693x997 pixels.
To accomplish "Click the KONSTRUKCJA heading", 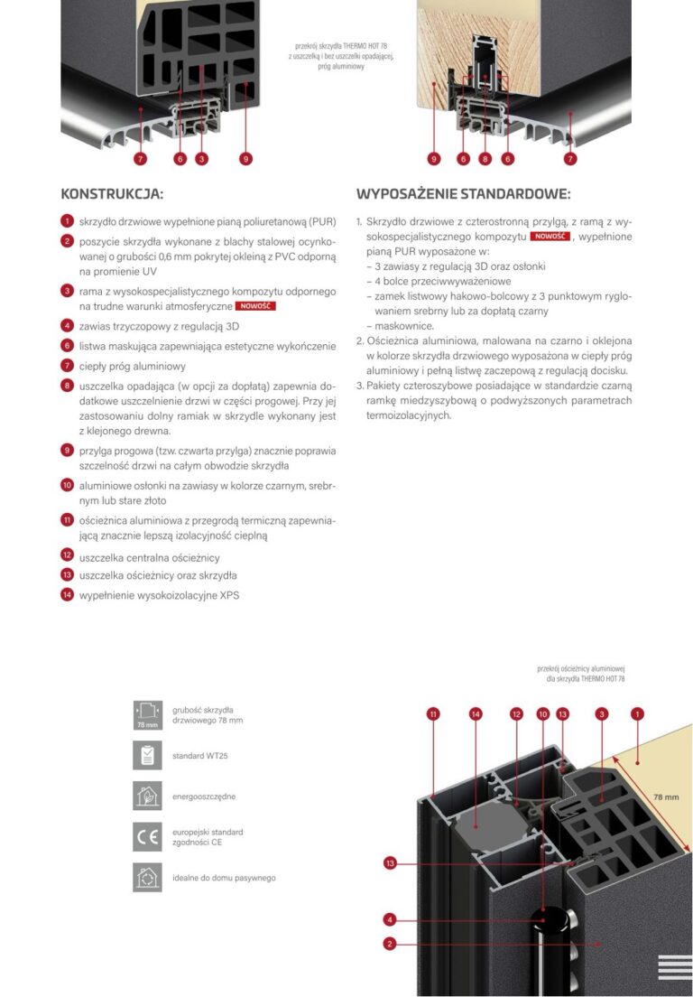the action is [x=112, y=194].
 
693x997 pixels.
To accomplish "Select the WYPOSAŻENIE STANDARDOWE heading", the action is [x=463, y=194].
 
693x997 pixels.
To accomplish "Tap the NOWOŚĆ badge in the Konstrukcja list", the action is [x=255, y=306].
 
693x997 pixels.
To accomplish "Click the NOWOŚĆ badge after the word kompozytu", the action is [x=550, y=237].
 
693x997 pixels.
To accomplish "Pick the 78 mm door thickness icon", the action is [x=147, y=715].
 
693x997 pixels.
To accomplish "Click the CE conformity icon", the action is [x=147, y=837].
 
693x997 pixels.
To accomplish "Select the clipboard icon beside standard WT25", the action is [x=147, y=755].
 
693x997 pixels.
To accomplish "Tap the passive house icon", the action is [x=147, y=878].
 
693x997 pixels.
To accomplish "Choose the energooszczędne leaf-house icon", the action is [x=147, y=797].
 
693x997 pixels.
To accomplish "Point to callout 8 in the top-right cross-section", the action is [x=485, y=158].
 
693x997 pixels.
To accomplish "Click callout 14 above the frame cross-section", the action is [x=476, y=714].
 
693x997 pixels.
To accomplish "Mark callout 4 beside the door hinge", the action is [x=390, y=919].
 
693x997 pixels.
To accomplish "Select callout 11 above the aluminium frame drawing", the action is [x=433, y=714].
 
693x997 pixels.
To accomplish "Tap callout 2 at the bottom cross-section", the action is [x=390, y=944].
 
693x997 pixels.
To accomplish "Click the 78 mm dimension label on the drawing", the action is [x=666, y=797].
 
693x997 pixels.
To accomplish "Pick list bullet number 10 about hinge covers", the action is [x=68, y=485].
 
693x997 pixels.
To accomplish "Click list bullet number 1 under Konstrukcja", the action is [x=68, y=220].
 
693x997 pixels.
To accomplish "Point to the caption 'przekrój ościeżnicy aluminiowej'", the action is [x=581, y=669].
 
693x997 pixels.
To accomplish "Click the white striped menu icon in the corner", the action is [x=675, y=967].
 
